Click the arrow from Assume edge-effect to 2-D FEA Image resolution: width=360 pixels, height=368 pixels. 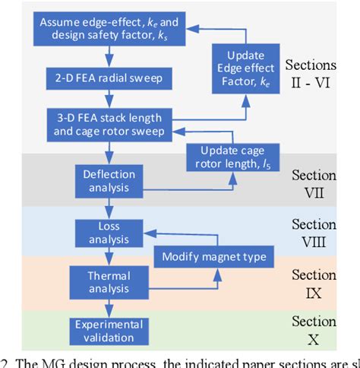[x=110, y=58]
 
